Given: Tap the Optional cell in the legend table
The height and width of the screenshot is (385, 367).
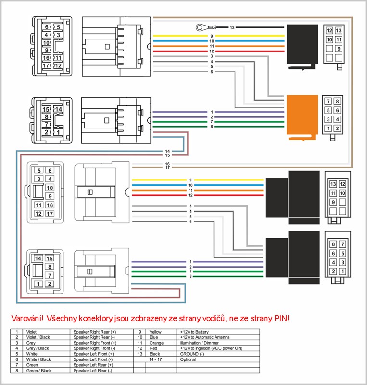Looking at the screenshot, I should [x=188, y=359].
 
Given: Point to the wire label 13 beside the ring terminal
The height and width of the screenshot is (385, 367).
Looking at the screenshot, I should [x=232, y=28].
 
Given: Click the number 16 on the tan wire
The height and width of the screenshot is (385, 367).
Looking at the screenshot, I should [x=167, y=164].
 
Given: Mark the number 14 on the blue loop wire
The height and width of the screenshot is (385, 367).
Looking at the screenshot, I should [x=167, y=151].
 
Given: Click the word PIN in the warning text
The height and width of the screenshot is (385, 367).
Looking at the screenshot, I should [x=281, y=319].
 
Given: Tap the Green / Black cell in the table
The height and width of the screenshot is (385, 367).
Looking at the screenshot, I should [x=38, y=371].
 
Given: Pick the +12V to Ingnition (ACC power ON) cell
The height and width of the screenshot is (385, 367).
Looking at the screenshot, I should [x=207, y=348].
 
